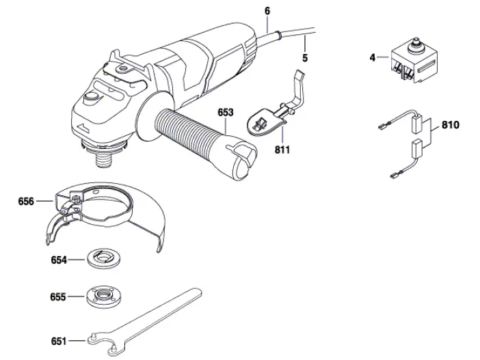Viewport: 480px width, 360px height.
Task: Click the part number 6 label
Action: (x=267, y=11)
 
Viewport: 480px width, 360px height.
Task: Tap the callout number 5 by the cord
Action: (x=304, y=58)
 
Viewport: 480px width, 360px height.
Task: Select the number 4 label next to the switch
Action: (x=373, y=58)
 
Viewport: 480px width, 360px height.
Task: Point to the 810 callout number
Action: (x=450, y=126)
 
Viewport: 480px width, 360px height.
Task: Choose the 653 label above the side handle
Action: (x=226, y=112)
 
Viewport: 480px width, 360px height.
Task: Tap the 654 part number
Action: (x=59, y=260)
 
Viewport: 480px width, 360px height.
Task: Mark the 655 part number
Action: (x=59, y=297)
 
